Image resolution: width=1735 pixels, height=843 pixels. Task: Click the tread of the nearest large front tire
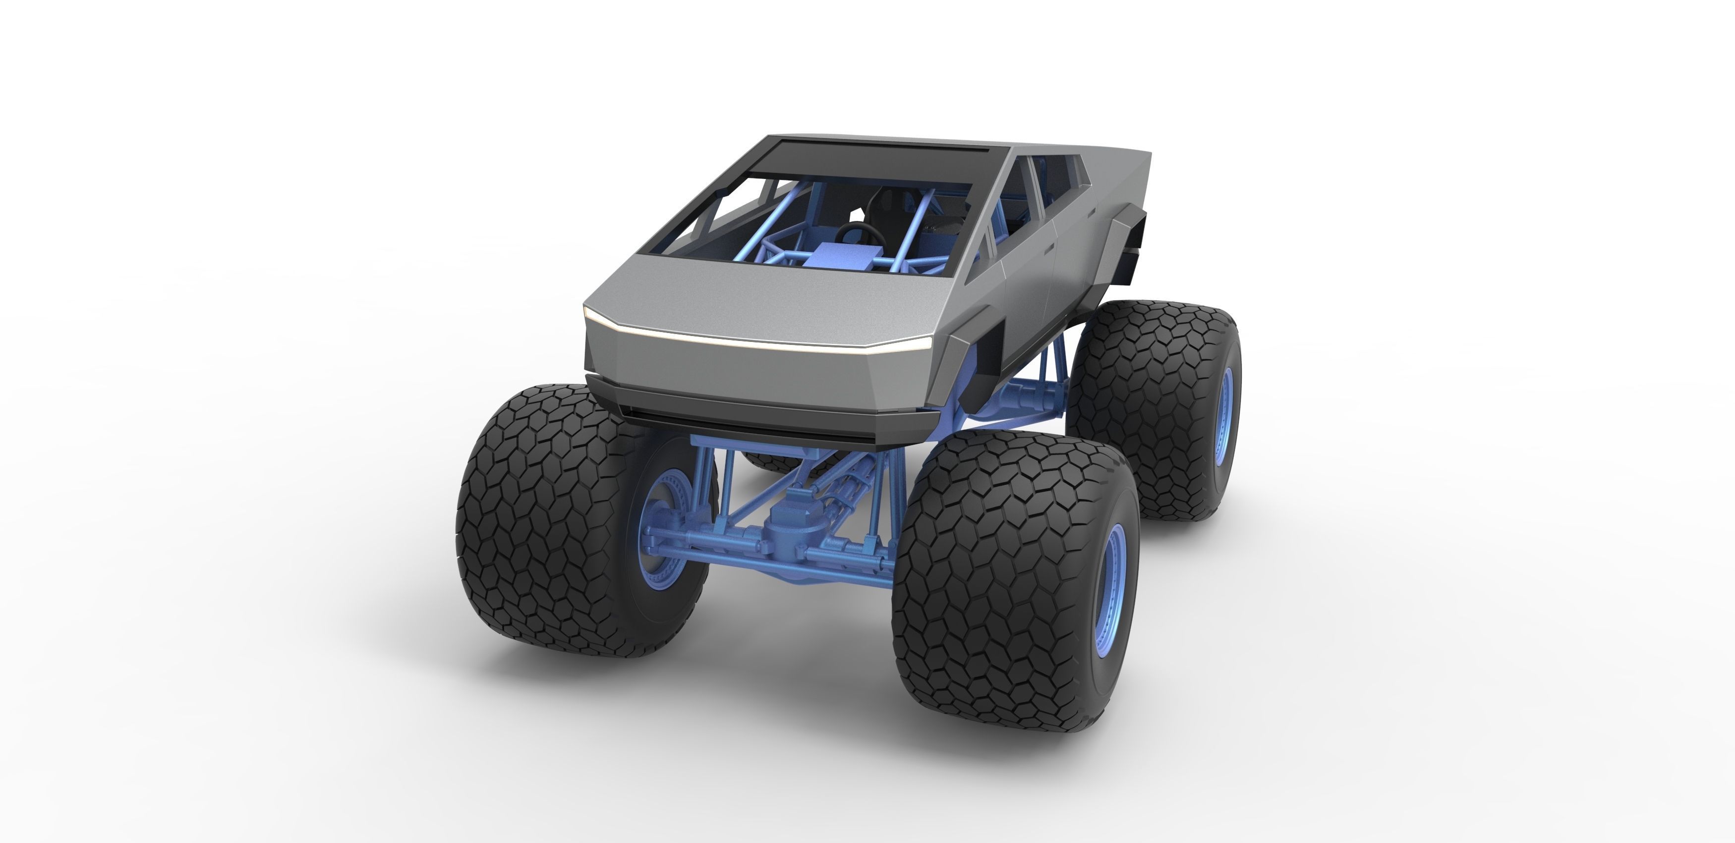pos(990,579)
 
